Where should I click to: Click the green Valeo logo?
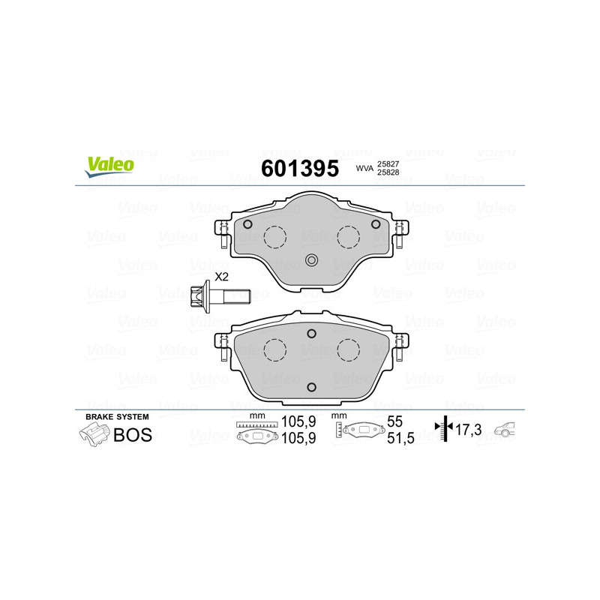pos(109,166)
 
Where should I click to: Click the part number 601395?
pos(300,168)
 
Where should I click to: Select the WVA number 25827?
pos(388,163)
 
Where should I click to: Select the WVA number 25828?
pos(388,172)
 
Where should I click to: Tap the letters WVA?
pos(364,168)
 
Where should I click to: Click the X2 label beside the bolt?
pos(221,277)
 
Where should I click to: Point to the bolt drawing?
pos(220,296)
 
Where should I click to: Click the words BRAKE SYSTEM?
pos(117,417)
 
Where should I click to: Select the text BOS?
pos(133,435)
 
